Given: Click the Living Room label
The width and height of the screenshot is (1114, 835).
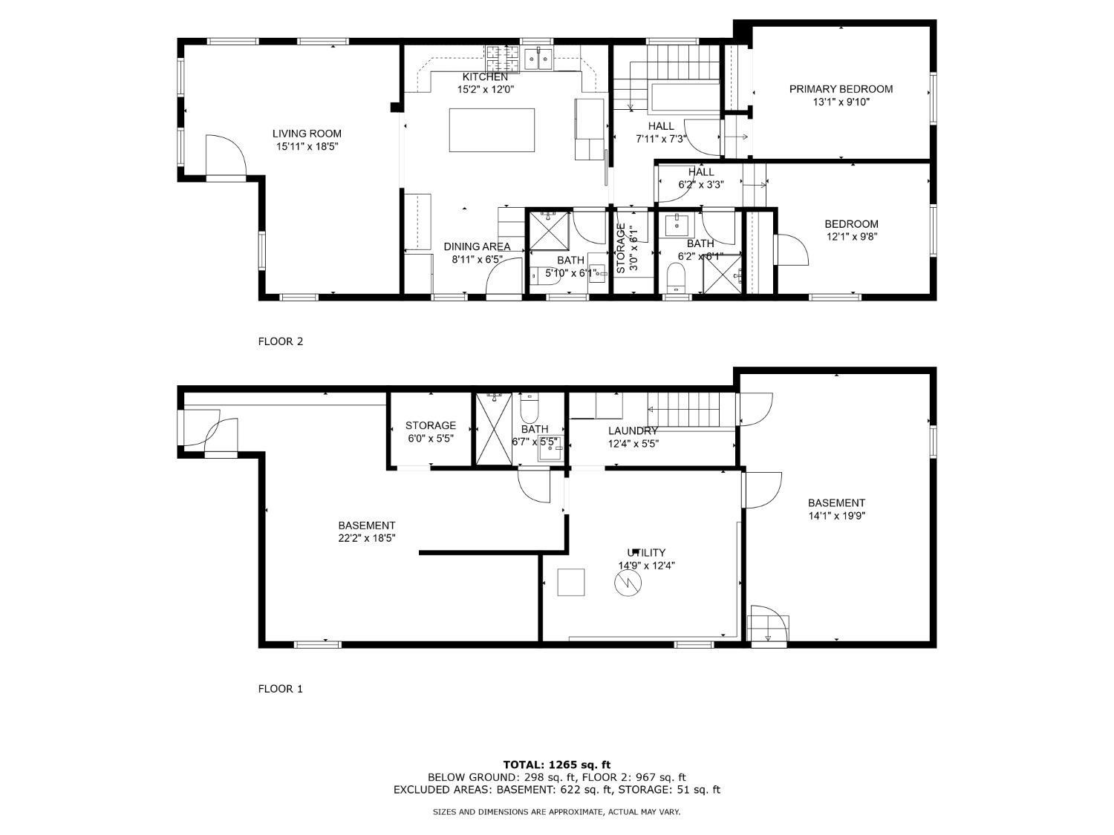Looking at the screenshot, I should tap(307, 134).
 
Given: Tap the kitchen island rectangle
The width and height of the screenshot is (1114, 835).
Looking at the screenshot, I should tap(492, 130).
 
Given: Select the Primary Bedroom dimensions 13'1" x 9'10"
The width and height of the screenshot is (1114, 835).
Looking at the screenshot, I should tap(841, 102).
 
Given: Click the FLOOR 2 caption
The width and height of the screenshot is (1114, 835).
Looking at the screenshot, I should tap(280, 341).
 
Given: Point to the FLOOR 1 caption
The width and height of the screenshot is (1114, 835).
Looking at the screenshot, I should tap(280, 689).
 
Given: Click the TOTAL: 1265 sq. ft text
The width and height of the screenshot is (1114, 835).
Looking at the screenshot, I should tap(556, 764).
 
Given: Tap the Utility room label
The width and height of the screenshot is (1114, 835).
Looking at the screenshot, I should tap(646, 552).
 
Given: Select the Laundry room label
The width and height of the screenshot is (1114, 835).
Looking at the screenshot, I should tap(633, 430).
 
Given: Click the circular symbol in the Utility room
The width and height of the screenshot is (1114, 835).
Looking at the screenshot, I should tap(625, 584).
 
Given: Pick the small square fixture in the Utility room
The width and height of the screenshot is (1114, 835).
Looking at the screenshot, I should tap(571, 582).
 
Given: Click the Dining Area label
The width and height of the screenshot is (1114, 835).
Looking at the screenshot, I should tap(477, 246).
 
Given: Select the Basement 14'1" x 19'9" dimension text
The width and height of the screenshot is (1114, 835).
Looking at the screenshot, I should tap(836, 516).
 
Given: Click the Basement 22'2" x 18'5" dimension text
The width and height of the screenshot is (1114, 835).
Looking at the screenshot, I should tap(367, 538).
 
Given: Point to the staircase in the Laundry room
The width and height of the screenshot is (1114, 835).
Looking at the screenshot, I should tap(683, 410).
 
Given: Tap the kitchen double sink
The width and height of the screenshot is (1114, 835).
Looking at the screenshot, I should tap(538, 58).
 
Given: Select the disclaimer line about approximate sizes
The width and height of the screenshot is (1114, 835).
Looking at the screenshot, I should tap(556, 812).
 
